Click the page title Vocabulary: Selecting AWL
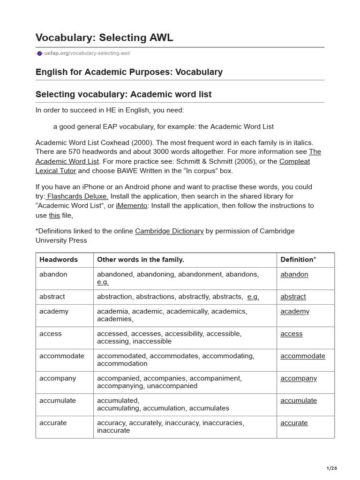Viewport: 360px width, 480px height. coord(104,38)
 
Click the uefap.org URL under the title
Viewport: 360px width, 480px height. coord(87,53)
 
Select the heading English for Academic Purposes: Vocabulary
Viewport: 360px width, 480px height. coord(129,72)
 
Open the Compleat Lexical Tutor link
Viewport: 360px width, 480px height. coord(294,161)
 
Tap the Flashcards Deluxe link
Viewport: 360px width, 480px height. coord(77,196)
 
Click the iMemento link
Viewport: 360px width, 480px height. coord(132,205)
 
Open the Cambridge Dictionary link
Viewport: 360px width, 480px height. coord(169,231)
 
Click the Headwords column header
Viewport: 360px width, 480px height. coord(59,259)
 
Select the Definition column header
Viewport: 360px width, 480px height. coord(298,259)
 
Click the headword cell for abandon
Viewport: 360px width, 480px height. coord(53,274)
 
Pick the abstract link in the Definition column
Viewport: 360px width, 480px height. coord(293,297)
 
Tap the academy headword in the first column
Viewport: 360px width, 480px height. coord(54,311)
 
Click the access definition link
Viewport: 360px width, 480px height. coord(291,334)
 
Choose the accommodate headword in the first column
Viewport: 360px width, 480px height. coord(62,356)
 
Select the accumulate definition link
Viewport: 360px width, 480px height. coord(299,400)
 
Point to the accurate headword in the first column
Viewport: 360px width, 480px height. coord(53,423)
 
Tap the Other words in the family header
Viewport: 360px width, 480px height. coord(140,259)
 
